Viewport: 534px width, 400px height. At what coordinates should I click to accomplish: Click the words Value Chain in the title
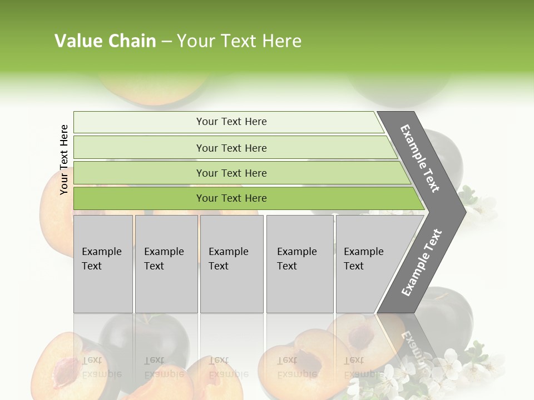pos(105,41)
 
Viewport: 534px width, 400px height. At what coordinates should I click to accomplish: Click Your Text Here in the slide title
pos(239,41)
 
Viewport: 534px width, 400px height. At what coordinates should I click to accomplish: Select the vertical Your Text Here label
pos(64,159)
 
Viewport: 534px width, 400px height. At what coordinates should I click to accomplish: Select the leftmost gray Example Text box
pos(103,264)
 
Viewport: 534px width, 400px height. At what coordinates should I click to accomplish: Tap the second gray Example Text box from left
pos(166,264)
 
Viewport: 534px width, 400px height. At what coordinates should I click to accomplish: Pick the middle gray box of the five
pos(231,264)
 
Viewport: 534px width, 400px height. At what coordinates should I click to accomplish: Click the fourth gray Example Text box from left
pos(299,264)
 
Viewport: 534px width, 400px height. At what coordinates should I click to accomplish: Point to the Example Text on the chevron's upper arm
pos(420,158)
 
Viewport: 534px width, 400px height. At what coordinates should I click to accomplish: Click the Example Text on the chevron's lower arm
pos(421,263)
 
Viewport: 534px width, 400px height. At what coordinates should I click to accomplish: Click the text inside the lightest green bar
pos(231,122)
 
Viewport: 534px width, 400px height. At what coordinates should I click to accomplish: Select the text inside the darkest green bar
pos(231,198)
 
